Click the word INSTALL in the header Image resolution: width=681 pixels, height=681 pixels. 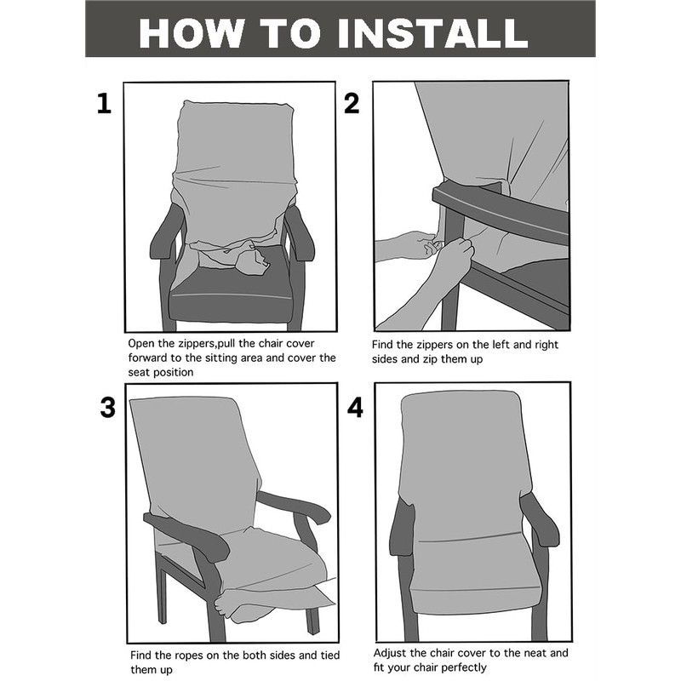pyautogui.click(x=432, y=33)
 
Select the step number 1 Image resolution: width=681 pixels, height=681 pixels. pyautogui.click(x=104, y=104)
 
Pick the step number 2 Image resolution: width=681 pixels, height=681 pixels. pyautogui.click(x=352, y=104)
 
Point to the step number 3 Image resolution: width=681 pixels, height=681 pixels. pyautogui.click(x=108, y=408)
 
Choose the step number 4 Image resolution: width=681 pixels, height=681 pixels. pyautogui.click(x=355, y=409)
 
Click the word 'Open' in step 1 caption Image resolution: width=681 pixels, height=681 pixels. pyautogui.click(x=140, y=344)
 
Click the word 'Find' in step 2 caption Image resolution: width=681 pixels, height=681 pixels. pyautogui.click(x=382, y=345)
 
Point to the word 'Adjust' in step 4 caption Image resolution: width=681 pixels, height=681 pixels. pyautogui.click(x=390, y=654)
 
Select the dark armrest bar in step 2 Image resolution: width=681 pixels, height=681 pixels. pyautogui.click(x=500, y=213)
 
